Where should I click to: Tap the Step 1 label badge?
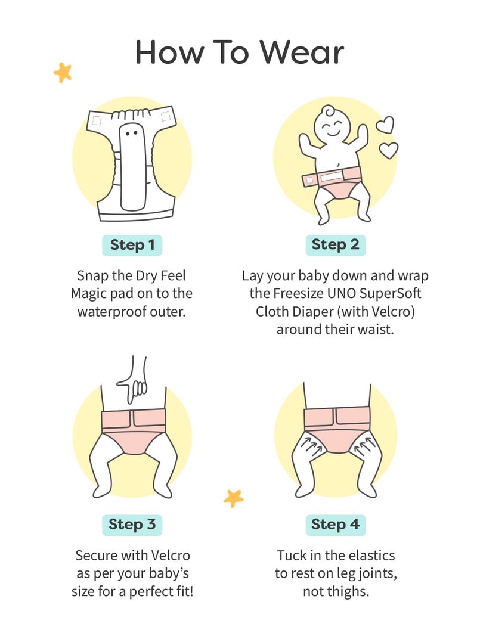[x=132, y=245]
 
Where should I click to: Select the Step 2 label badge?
[x=335, y=245]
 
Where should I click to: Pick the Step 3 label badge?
[x=132, y=525]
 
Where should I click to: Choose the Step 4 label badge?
[x=335, y=525]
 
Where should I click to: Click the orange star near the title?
[x=63, y=73]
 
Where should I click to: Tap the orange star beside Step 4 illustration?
[x=233, y=497]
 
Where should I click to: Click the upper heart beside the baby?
[x=385, y=125]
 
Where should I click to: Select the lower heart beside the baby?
[x=389, y=150]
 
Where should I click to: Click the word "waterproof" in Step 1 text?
[x=110, y=312]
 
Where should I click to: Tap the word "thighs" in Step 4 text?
[x=347, y=592]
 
